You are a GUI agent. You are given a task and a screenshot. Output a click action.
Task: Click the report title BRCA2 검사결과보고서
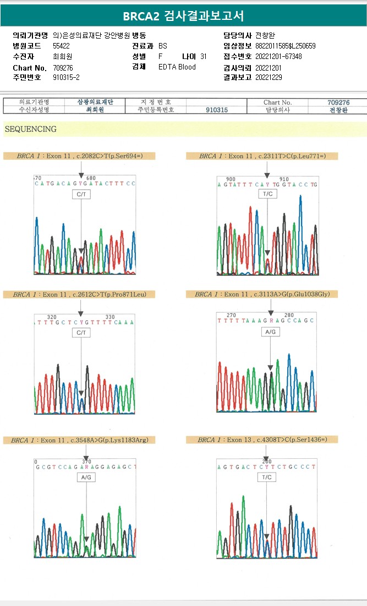pyautogui.click(x=183, y=16)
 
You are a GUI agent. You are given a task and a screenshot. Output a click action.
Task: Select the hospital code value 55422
pyautogui.click(x=61, y=46)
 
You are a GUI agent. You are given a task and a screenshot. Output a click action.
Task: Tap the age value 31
pyautogui.click(x=204, y=57)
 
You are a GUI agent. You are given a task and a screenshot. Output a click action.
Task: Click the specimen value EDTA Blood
pyautogui.click(x=177, y=67)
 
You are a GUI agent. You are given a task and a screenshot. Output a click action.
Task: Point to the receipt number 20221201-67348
pyautogui.click(x=278, y=57)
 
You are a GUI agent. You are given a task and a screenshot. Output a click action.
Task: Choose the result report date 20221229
pyautogui.click(x=269, y=78)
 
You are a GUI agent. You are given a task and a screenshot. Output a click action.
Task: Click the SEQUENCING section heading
pyautogui.click(x=30, y=129)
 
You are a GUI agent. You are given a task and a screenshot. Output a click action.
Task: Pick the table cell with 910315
pyautogui.click(x=217, y=110)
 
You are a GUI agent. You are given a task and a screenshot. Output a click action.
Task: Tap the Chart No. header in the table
pyautogui.click(x=278, y=102)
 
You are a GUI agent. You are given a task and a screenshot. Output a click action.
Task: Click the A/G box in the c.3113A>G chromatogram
pyautogui.click(x=271, y=333)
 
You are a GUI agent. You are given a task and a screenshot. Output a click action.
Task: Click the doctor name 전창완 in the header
pyautogui.click(x=266, y=35)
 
